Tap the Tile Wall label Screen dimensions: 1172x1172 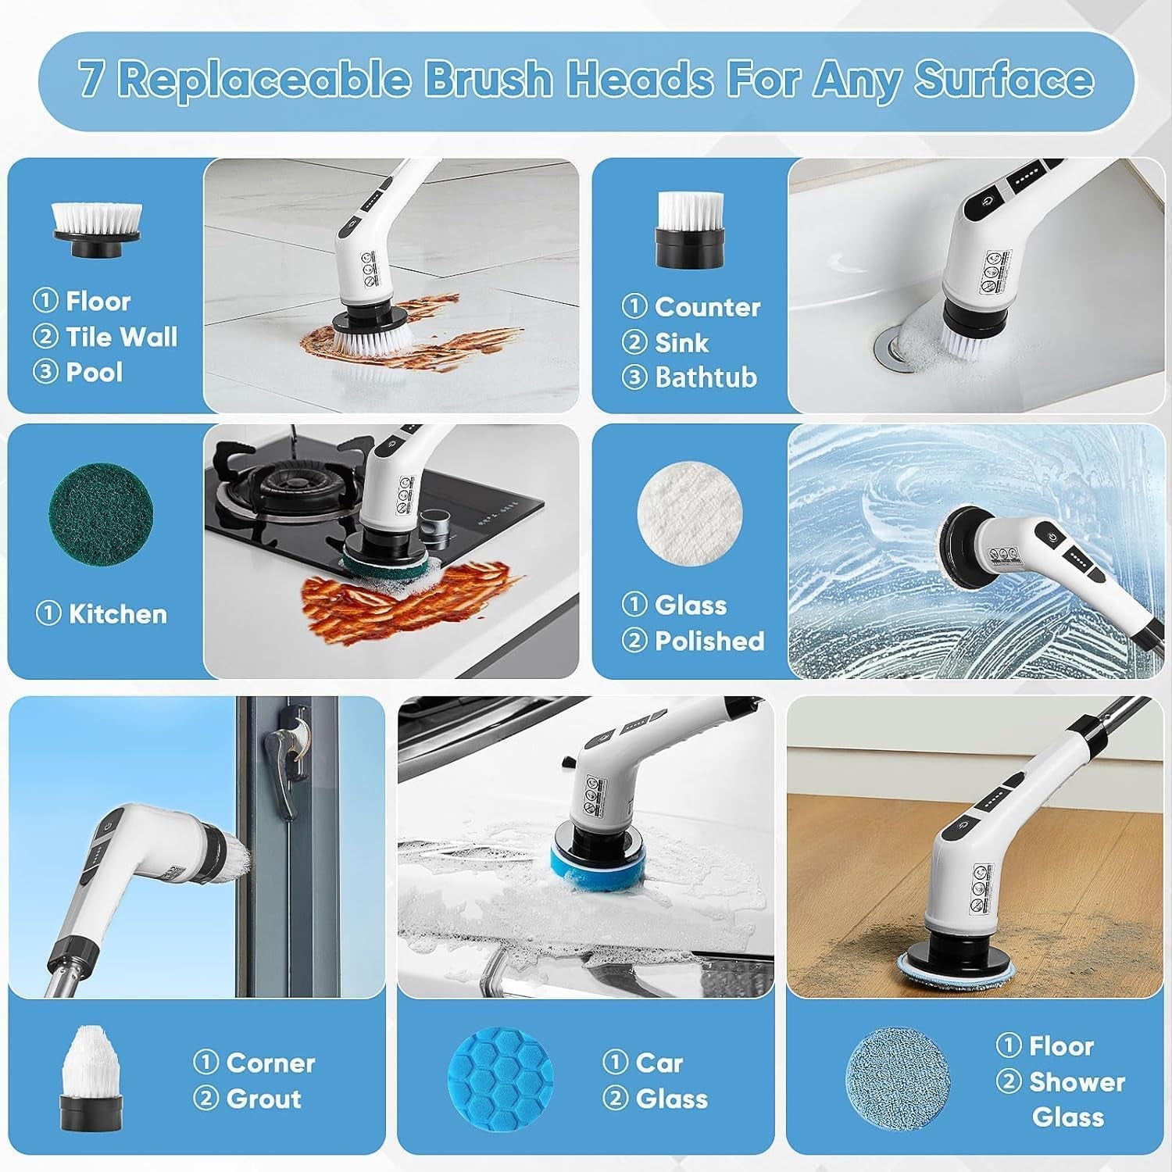[x=121, y=337]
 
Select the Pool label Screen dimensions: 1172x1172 [x=94, y=372]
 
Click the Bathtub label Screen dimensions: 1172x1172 [x=706, y=377]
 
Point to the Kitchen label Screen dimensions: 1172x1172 [x=117, y=614]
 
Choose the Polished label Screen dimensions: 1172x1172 [x=709, y=641]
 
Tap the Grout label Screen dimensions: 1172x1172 [x=263, y=1099]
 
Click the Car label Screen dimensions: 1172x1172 [x=659, y=1063]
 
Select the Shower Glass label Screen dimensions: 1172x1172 [x=1076, y=1099]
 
